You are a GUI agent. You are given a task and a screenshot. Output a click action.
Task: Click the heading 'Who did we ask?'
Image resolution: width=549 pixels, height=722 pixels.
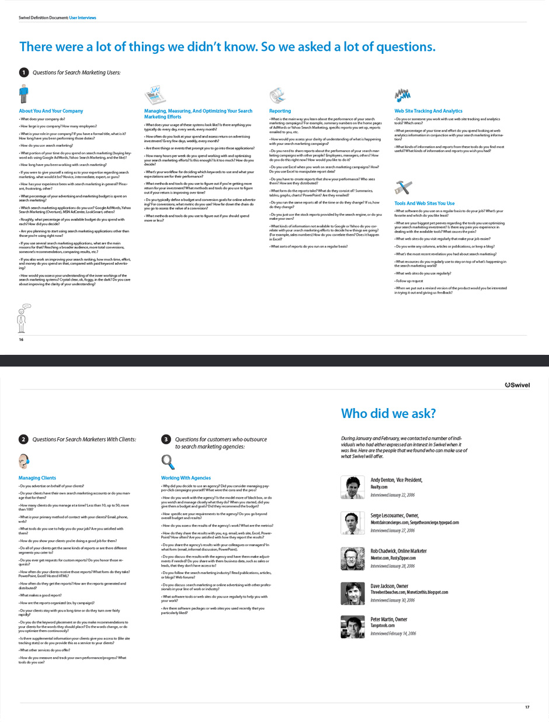tap(388, 414)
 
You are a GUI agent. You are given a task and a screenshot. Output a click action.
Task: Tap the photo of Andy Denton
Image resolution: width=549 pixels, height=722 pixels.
tap(352, 487)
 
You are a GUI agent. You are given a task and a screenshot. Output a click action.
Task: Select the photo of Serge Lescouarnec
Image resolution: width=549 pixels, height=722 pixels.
tap(352, 523)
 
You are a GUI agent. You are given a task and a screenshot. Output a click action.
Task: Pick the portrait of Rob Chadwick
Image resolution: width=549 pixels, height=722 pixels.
tap(352, 558)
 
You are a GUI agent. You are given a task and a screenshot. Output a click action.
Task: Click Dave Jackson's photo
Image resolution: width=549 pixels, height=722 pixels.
tap(352, 594)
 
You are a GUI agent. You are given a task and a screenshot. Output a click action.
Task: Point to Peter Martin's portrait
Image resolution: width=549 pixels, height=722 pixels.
tap(352, 627)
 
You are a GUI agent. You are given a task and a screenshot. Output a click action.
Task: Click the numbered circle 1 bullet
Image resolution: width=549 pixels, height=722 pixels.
tap(23, 72)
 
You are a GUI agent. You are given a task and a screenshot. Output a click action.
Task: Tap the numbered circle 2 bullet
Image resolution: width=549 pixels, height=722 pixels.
tap(23, 439)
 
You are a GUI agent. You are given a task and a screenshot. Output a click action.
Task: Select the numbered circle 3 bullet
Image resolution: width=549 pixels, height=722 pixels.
tap(166, 439)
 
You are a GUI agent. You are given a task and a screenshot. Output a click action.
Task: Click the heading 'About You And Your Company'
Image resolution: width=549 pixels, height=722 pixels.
tap(51, 111)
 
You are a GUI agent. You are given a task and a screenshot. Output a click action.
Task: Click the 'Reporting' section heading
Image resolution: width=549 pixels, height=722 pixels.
tap(280, 111)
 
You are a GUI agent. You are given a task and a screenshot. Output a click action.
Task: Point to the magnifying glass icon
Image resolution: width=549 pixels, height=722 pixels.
tap(168, 462)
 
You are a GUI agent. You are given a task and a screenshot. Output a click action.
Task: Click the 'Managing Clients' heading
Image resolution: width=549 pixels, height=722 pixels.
tap(37, 478)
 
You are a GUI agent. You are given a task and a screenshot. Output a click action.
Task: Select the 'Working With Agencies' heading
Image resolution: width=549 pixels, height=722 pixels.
tap(186, 478)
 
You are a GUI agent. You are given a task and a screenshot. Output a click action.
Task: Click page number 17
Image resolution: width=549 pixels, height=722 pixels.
tap(527, 707)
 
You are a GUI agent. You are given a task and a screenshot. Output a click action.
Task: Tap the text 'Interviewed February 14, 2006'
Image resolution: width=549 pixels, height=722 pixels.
tap(393, 634)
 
